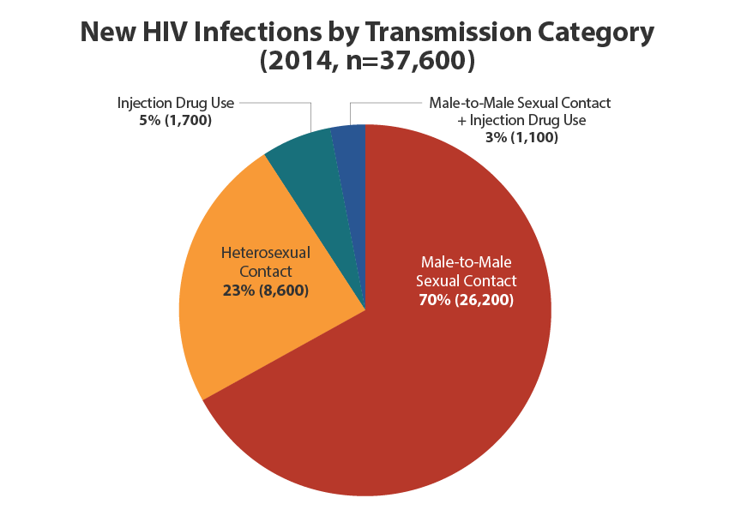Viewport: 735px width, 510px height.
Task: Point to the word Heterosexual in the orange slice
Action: point(266,253)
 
